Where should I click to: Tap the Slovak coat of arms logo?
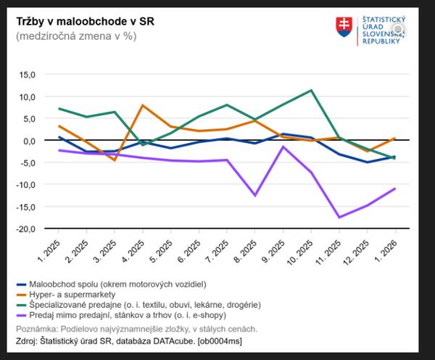(x=344, y=28)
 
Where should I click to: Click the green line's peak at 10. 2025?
(x=311, y=91)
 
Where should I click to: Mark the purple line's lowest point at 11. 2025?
(x=339, y=217)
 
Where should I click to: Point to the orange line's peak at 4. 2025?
(x=143, y=105)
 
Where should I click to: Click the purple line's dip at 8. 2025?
(x=255, y=195)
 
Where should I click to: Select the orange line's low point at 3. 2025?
(x=115, y=160)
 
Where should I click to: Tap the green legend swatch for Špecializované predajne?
(x=22, y=305)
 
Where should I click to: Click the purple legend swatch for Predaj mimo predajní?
(x=22, y=316)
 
